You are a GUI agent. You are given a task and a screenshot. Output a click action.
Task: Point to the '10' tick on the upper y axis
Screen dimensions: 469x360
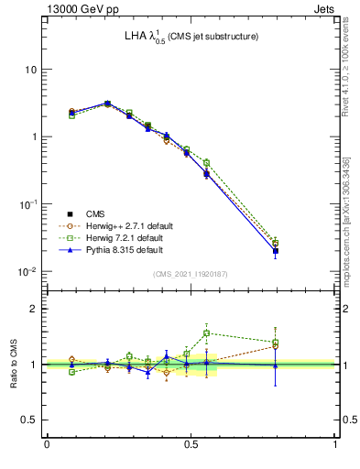coord(30,70)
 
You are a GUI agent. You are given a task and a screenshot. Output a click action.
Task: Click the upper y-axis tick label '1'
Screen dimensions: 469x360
coord(33,136)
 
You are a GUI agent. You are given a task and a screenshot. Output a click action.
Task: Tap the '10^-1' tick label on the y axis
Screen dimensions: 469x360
coord(27,203)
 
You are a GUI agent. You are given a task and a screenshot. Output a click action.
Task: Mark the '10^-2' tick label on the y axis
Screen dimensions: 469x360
coord(27,271)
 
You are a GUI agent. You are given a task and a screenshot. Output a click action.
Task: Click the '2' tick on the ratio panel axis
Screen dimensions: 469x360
coord(33,309)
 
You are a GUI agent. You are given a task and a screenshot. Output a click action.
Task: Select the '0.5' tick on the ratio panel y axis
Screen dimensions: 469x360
coord(28,420)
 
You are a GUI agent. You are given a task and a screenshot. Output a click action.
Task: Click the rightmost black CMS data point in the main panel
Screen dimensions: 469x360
coord(276,250)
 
